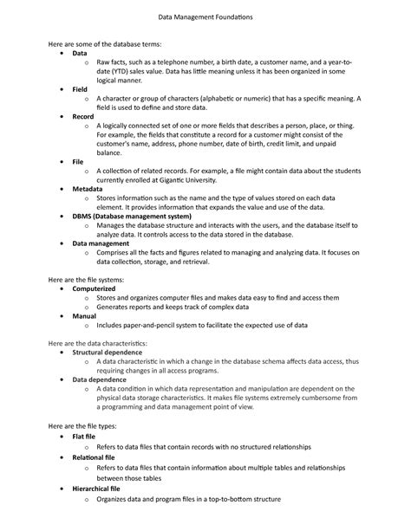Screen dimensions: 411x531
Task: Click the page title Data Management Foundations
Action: tap(205, 17)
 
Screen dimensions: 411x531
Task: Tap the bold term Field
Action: tap(80, 89)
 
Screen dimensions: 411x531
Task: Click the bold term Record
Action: tap(83, 115)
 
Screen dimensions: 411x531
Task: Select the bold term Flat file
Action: tap(84, 437)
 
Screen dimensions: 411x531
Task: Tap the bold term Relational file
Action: tap(93, 457)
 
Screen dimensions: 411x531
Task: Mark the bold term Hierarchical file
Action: tap(95, 489)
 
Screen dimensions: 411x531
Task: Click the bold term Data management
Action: tap(101, 244)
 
